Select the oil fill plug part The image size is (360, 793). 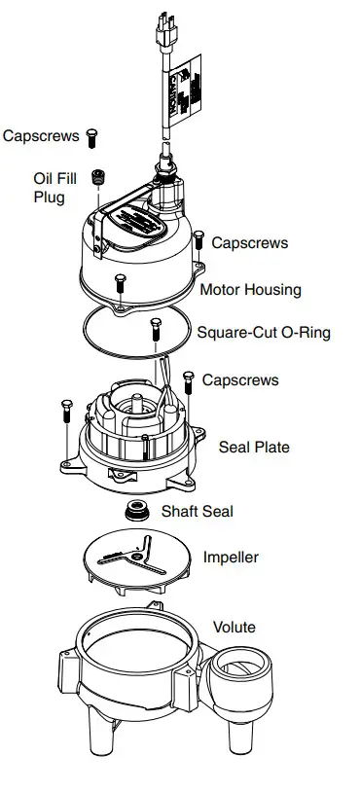(97, 178)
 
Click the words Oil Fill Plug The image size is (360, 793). (49, 188)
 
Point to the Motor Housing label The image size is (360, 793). (250, 289)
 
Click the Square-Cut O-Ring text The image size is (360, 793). (264, 332)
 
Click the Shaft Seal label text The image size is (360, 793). (198, 510)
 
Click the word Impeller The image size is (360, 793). (231, 557)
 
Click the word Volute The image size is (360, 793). (234, 627)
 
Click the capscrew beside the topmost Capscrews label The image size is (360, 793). (92, 137)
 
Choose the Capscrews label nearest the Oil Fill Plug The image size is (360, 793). (41, 136)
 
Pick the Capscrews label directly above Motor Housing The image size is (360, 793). (250, 242)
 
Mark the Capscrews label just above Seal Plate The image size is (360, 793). (240, 379)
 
